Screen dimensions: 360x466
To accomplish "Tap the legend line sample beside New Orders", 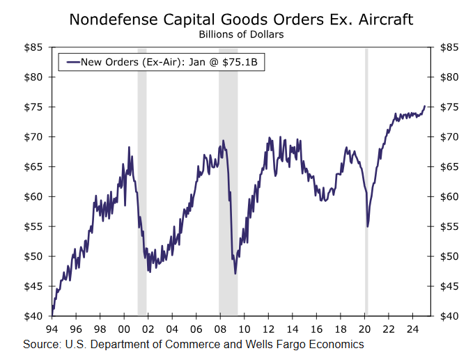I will click(72, 62).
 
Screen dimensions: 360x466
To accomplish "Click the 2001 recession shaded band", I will click(142, 181).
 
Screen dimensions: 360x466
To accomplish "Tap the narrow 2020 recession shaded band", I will click(366, 181).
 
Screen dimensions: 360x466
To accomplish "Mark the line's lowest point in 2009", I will click(235, 274).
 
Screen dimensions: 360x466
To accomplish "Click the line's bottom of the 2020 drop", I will click(367, 226).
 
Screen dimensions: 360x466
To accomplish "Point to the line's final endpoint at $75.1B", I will click(425, 106).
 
